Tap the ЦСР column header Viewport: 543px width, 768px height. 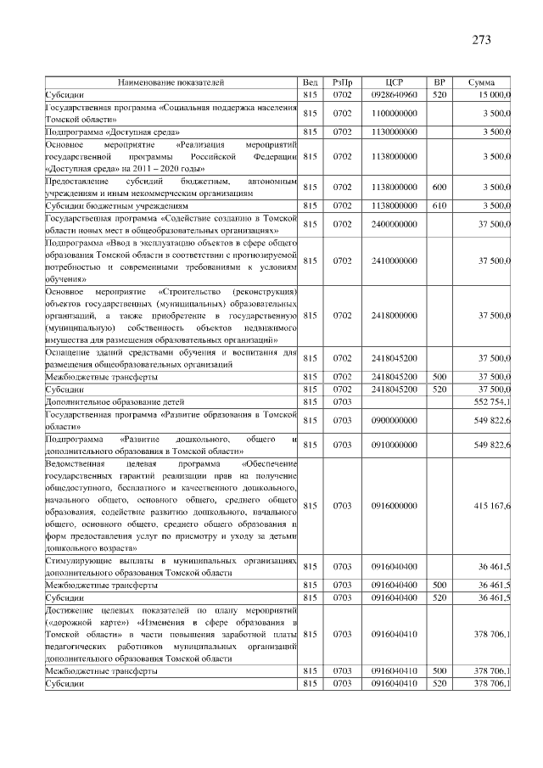(393, 82)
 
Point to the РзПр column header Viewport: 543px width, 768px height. (343, 82)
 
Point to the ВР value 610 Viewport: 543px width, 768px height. (439, 205)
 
